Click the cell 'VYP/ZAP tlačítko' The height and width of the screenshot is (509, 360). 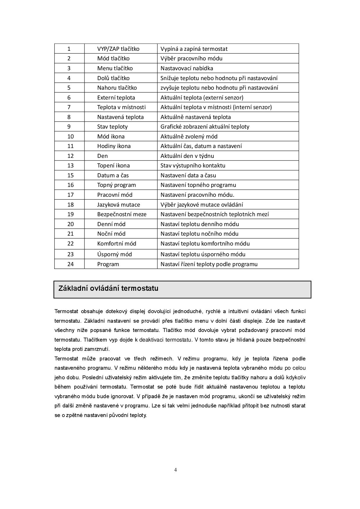coord(118,49)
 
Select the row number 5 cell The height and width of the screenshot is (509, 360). coord(69,88)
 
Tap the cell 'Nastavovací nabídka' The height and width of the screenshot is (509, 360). coord(187,68)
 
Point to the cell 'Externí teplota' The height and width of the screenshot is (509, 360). coord(116,98)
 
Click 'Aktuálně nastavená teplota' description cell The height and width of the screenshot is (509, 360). coord(196,117)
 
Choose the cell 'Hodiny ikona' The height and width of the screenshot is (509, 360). coord(114,146)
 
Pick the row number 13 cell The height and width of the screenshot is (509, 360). coord(70,165)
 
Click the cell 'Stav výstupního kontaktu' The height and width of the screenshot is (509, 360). coord(193,165)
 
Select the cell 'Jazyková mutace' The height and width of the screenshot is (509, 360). coord(118,205)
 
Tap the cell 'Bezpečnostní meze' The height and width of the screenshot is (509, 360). coord(122,214)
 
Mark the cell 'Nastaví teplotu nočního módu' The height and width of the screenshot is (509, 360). coord(199,234)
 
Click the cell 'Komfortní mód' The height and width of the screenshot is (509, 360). coord(116,243)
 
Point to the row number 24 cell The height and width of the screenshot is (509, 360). coord(70,264)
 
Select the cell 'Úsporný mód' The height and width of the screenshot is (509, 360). coord(114,254)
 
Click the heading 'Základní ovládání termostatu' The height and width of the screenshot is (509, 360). coord(108,288)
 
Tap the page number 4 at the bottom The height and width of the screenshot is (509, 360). coord(175,470)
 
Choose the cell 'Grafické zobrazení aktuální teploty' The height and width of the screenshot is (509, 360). coord(205,127)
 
